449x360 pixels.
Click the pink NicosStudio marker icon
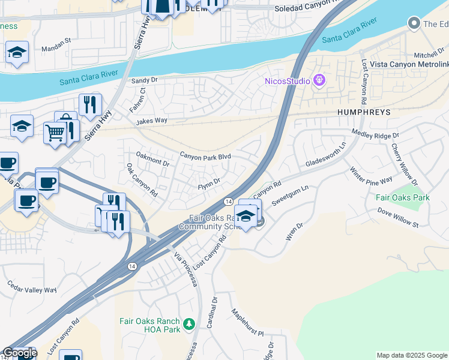(x=319, y=80)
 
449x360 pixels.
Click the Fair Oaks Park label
(x=402, y=197)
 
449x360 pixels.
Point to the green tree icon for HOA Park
(x=190, y=325)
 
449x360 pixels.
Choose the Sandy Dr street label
(x=144, y=80)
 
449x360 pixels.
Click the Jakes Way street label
(x=151, y=121)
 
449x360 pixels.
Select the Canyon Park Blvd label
(x=205, y=157)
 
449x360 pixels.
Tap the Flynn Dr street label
(x=209, y=182)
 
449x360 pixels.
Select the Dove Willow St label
(x=398, y=217)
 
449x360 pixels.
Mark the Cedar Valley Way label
(x=31, y=286)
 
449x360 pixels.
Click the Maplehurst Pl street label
(x=248, y=322)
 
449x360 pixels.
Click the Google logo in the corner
(x=19, y=353)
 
